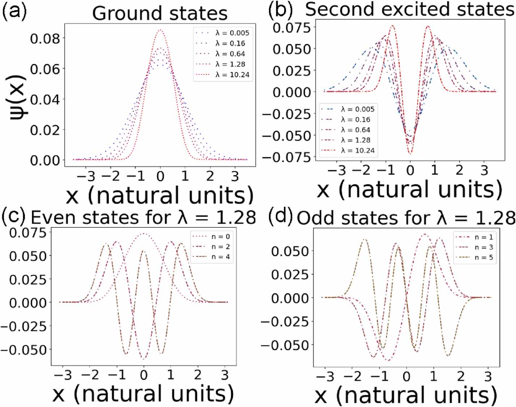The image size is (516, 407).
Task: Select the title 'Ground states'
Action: pyautogui.click(x=160, y=13)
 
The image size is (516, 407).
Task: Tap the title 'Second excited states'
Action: pyautogui.click(x=409, y=9)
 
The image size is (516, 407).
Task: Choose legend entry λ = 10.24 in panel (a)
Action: pyautogui.click(x=232, y=75)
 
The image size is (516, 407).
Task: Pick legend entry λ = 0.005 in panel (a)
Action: pyautogui.click(x=232, y=33)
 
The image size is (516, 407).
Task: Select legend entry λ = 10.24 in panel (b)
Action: pyautogui.click(x=357, y=150)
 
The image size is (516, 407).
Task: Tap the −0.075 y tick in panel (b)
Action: pyautogui.click(x=286, y=157)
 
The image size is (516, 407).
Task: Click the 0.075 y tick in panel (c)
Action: pyautogui.click(x=28, y=233)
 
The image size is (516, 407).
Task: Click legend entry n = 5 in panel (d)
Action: pyautogui.click(x=484, y=257)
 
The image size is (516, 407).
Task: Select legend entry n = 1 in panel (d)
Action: pyautogui.click(x=484, y=237)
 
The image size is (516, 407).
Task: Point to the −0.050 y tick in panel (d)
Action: pyautogui.click(x=285, y=345)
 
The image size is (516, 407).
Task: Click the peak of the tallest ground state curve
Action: pyautogui.click(x=160, y=30)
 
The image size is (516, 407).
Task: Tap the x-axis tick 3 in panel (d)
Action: pyautogui.click(x=488, y=377)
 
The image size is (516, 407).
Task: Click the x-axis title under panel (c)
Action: pyautogui.click(x=143, y=394)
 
